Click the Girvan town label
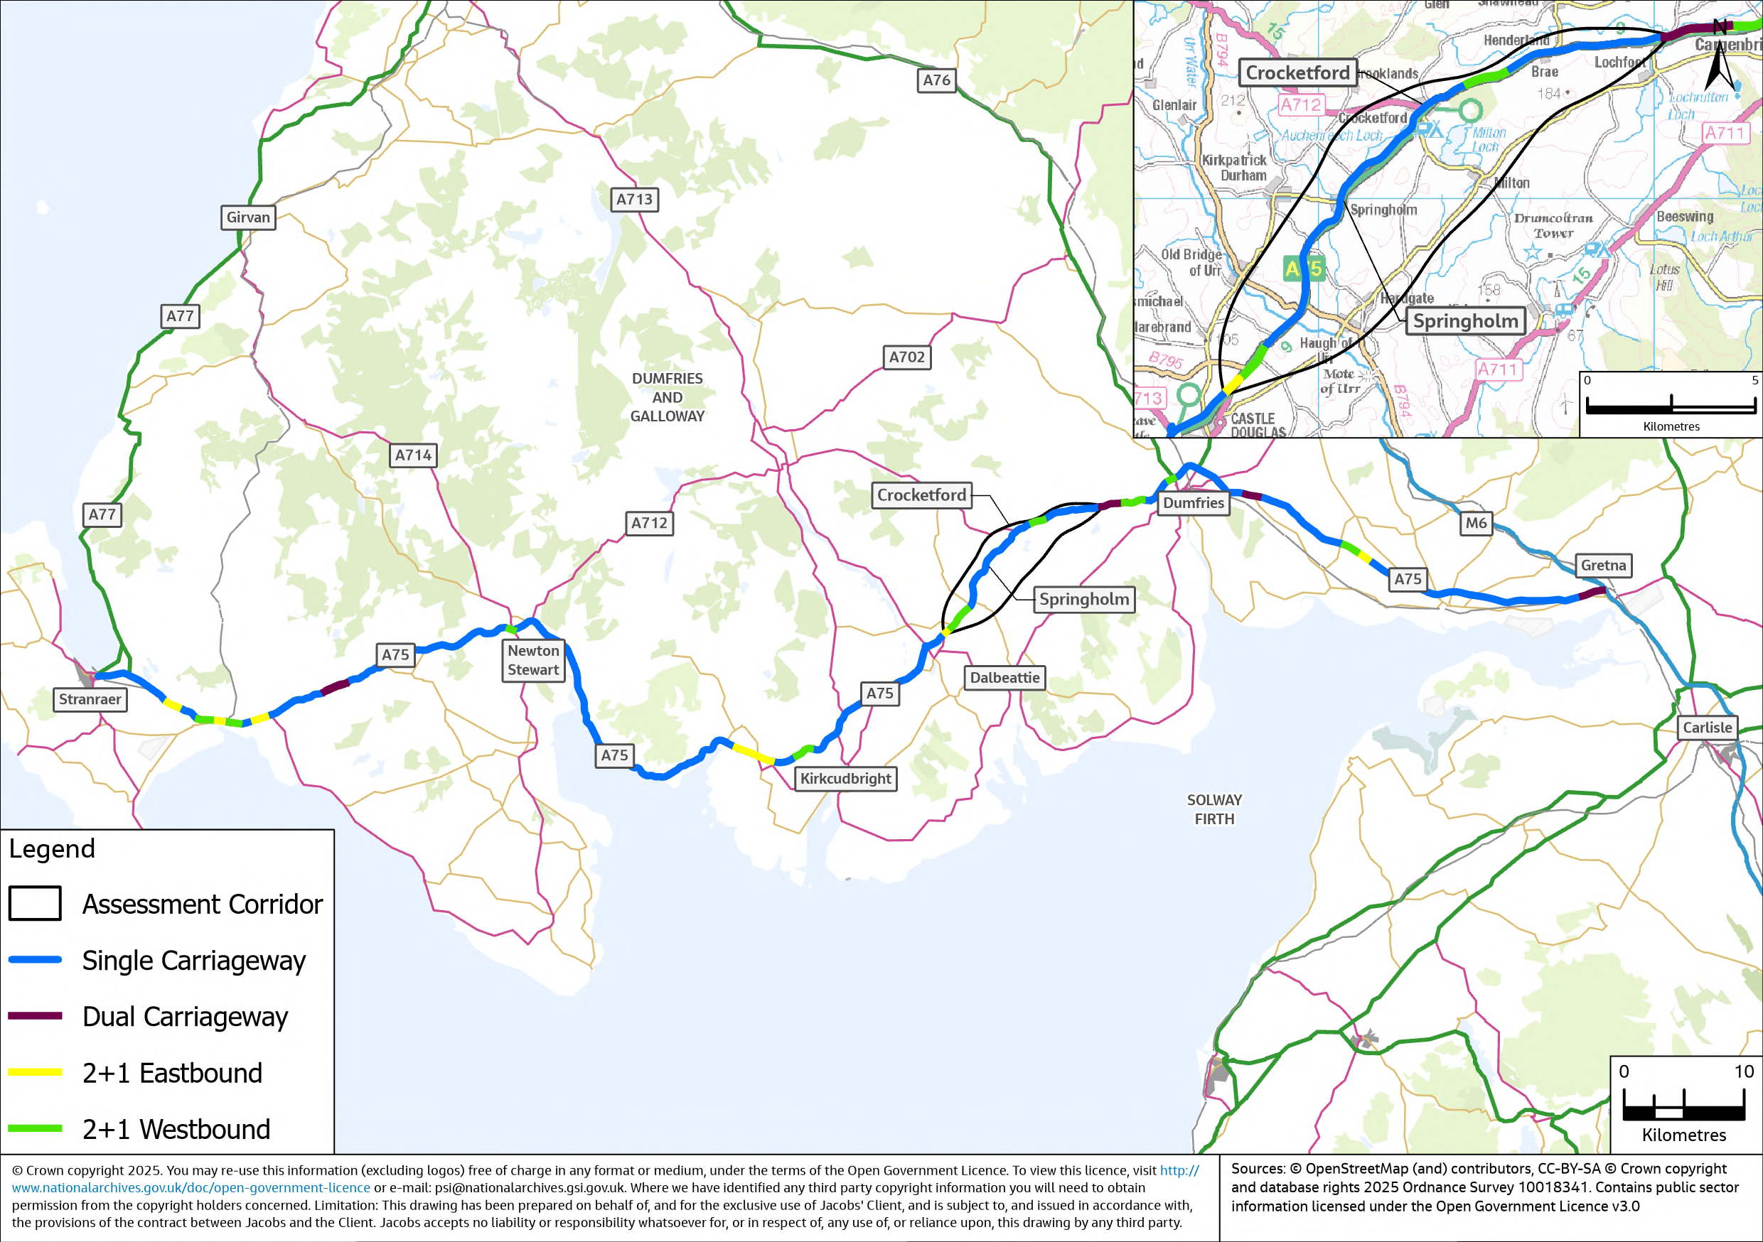click(248, 217)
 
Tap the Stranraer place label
click(90, 699)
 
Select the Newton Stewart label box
click(533, 660)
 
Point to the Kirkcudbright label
click(845, 778)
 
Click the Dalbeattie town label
click(1004, 678)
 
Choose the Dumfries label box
click(1194, 503)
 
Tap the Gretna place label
click(1603, 565)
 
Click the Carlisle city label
click(1707, 727)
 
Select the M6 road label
click(1476, 523)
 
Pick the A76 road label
click(936, 80)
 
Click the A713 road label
click(634, 200)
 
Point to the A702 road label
click(907, 357)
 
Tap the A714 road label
click(413, 455)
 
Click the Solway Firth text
click(1214, 809)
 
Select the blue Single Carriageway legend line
click(36, 959)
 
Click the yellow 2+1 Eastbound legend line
click(36, 1072)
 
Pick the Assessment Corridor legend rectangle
click(36, 904)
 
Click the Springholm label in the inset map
click(1465, 321)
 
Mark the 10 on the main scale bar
click(1743, 1071)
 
